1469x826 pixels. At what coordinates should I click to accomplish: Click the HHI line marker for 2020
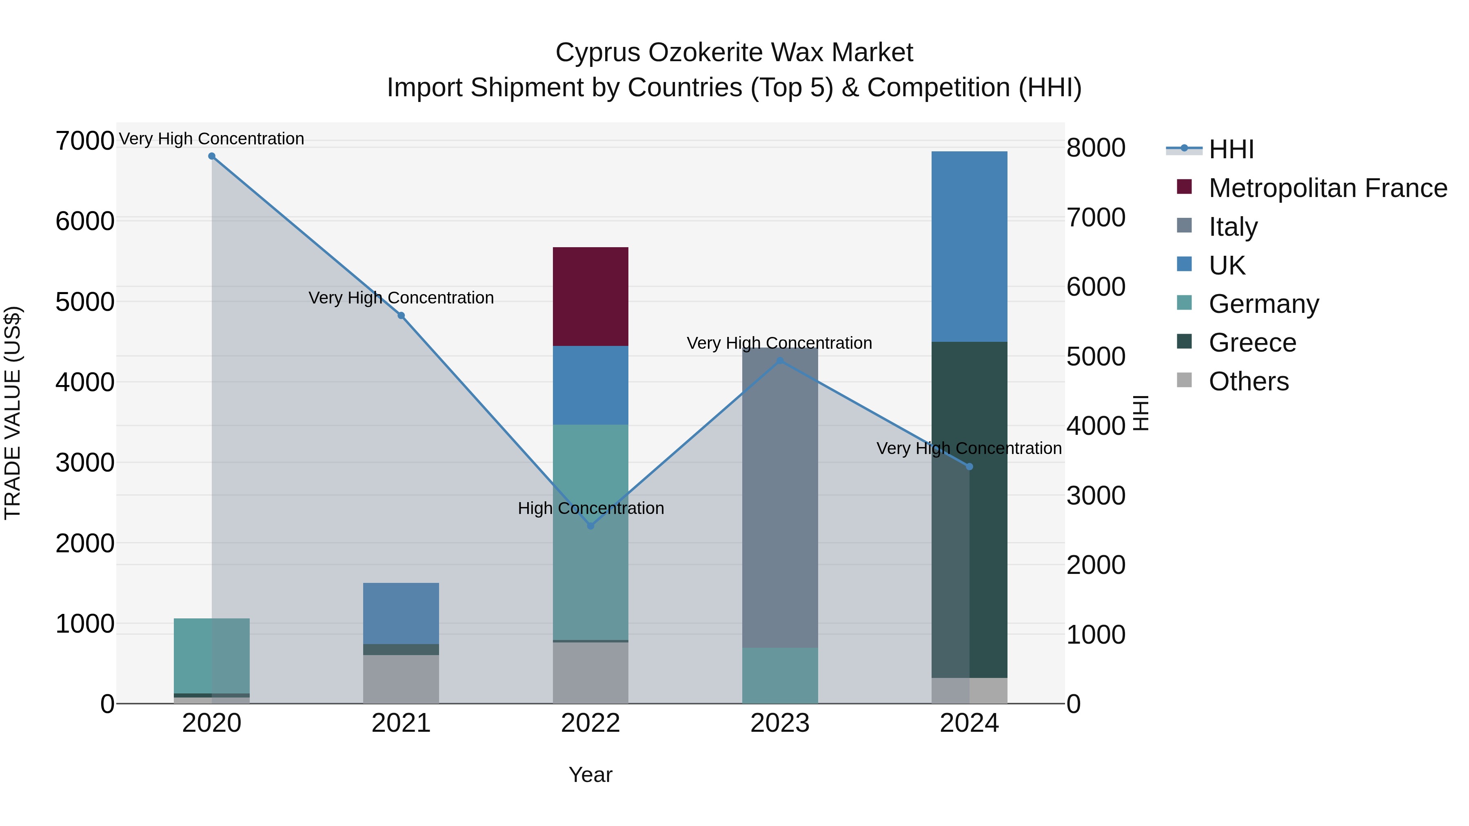pos(211,156)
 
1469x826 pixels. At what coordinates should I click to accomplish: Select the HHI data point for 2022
pos(591,526)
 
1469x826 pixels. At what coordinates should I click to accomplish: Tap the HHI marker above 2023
pos(780,360)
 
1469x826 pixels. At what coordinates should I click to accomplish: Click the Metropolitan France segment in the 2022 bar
pos(591,297)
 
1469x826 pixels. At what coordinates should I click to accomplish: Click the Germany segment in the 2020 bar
pos(211,655)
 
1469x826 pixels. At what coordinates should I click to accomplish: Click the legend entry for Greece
pos(1252,343)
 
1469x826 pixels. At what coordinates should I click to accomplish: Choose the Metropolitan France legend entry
pos(1327,188)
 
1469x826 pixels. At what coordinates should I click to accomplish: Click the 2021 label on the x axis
pos(401,723)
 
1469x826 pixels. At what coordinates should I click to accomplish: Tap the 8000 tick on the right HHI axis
pos(1096,148)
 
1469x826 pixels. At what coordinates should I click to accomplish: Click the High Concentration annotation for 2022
pos(591,508)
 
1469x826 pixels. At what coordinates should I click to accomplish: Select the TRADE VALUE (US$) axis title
pos(13,413)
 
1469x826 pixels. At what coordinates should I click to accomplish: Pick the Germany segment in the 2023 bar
pos(780,675)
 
